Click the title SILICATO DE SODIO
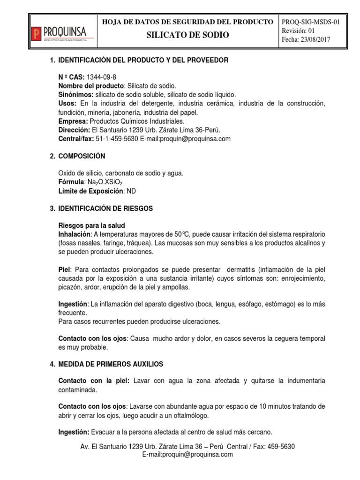pos(188,35)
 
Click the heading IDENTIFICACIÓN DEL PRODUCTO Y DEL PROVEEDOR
pos(143,60)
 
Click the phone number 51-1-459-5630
pos(117,139)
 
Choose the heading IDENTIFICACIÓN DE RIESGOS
pos(105,208)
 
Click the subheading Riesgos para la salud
pos(91,225)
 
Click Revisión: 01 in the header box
pos(300,30)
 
